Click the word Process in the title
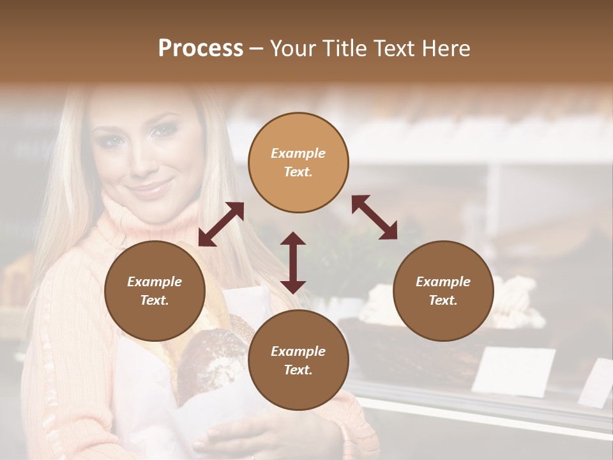coord(201,48)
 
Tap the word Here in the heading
coord(445,48)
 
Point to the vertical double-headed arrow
coord(293,263)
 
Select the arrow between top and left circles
coord(221,224)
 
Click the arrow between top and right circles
coord(374,217)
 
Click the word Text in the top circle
coord(298,172)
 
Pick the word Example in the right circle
coord(443,282)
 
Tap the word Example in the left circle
coord(155,282)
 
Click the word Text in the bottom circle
coord(298,370)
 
